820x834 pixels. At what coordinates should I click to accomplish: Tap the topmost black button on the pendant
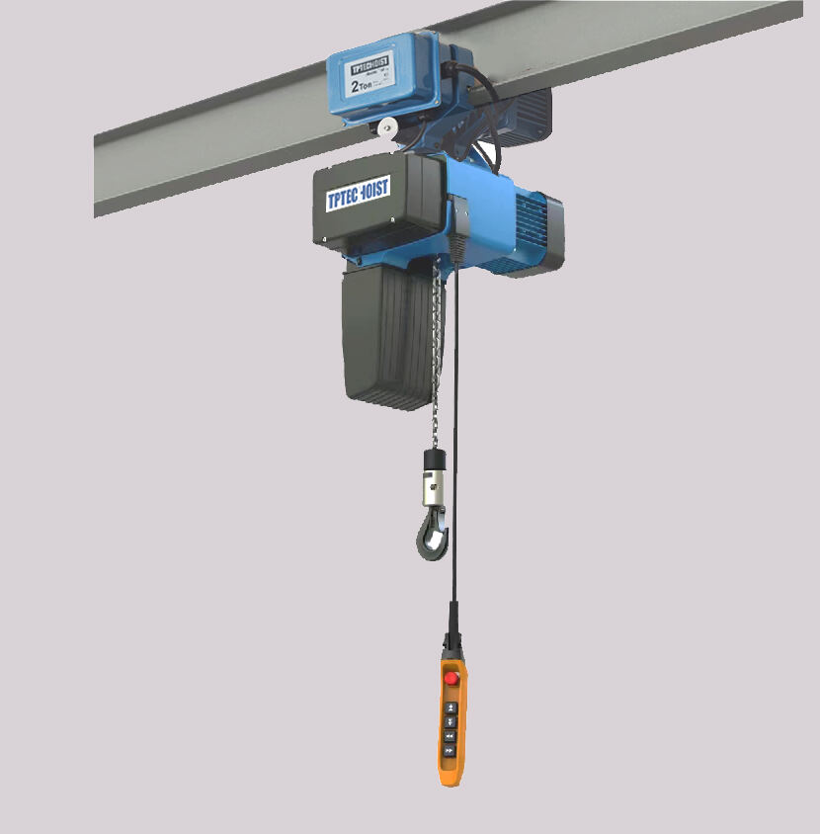click(451, 708)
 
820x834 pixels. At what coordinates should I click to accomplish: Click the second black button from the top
click(451, 722)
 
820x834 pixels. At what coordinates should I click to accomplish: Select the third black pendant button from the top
click(451, 736)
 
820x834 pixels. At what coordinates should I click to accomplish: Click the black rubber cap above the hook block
click(433, 460)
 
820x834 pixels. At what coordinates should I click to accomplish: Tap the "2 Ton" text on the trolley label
click(362, 86)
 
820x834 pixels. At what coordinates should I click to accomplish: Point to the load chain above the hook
click(435, 375)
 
